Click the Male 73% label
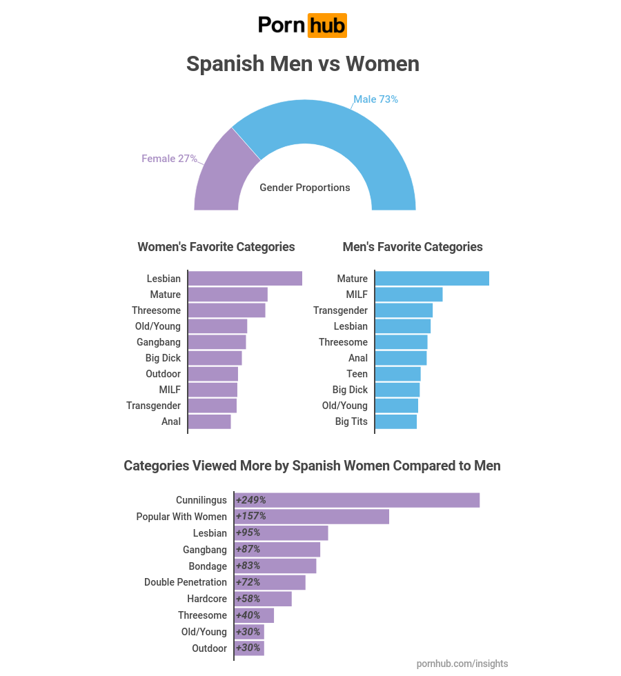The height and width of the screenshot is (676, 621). click(375, 99)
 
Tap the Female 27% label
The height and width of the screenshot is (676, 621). click(169, 159)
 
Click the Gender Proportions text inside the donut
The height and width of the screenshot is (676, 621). click(304, 188)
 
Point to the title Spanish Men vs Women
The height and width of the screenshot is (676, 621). click(303, 63)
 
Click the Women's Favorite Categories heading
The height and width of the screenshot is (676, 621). click(216, 247)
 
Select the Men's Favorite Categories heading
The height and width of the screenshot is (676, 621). click(413, 247)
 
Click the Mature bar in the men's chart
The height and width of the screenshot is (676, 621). click(432, 279)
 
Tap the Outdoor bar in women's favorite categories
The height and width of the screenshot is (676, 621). click(213, 374)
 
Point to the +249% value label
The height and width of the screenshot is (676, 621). click(250, 500)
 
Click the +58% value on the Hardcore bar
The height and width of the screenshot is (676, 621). click(248, 599)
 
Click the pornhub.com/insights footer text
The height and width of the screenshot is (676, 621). click(462, 664)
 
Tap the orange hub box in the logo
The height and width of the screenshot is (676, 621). click(327, 26)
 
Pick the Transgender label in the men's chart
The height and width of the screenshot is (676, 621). click(340, 310)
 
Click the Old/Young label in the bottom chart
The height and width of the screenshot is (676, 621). click(204, 632)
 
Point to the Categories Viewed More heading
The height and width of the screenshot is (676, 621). click(312, 466)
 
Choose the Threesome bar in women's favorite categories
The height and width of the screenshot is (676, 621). click(226, 310)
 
